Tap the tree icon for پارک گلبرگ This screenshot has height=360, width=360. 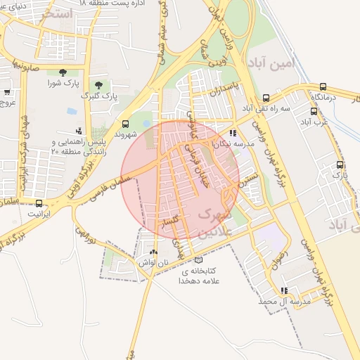click(x=98, y=84)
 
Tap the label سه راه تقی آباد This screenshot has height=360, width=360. click(x=266, y=108)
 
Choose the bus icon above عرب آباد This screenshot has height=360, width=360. click(x=314, y=111)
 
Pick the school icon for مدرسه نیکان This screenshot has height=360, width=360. click(x=233, y=133)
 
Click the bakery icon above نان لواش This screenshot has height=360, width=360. click(x=154, y=251)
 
